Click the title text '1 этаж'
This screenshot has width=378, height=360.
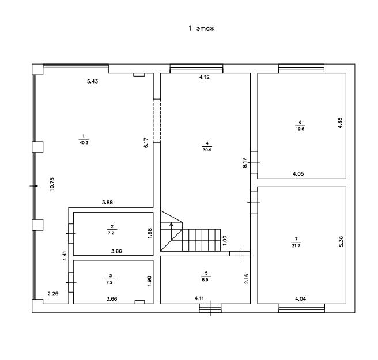[202, 28]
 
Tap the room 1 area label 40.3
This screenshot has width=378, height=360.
[84, 143]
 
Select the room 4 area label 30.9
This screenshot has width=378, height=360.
[207, 150]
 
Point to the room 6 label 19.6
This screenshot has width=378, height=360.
[300, 129]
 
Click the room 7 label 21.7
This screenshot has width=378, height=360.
[296, 246]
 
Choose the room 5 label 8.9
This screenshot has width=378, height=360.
[205, 280]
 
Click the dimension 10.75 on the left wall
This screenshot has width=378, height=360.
[52, 184]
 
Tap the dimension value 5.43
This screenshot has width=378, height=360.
[93, 81]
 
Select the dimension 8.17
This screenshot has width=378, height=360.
[245, 162]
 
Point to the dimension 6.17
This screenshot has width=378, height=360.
[146, 143]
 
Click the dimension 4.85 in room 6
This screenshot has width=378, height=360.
[340, 123]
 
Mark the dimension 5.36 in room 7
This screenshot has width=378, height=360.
[341, 241]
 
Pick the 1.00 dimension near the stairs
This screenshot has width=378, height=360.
[225, 241]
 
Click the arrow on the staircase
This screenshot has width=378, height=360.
[171, 231]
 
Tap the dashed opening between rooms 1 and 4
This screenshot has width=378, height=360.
[157, 121]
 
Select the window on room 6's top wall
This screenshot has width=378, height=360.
[301, 68]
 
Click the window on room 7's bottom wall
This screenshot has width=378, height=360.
[301, 308]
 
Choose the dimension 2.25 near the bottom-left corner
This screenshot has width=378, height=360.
[53, 294]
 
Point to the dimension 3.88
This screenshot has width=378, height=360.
[107, 203]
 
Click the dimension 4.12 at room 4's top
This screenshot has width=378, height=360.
[205, 77]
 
